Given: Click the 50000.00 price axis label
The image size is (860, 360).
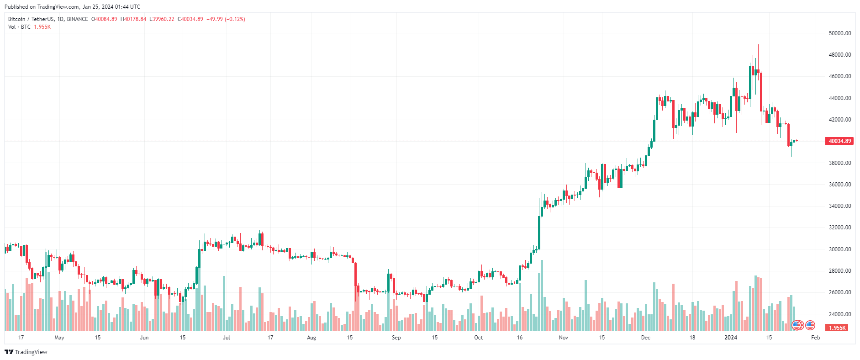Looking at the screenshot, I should click(x=839, y=33).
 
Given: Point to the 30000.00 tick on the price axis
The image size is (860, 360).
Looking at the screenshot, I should click(x=839, y=249).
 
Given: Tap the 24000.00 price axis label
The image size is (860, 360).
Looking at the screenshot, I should click(x=839, y=314).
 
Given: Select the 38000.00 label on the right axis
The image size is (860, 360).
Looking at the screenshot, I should click(x=839, y=163).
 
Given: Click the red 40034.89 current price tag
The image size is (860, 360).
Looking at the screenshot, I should click(x=839, y=141).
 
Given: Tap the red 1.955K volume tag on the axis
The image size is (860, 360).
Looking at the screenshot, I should click(x=837, y=328).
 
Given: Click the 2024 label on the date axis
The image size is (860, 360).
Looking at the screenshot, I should click(x=731, y=338).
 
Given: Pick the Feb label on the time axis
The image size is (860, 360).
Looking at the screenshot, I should click(x=815, y=338).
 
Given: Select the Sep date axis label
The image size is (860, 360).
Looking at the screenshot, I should click(x=396, y=338).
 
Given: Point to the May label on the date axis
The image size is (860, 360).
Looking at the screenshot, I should click(x=59, y=338).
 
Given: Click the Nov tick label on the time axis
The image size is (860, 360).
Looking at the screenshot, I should click(x=564, y=338).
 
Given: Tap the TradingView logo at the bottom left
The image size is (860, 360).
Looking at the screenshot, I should click(x=26, y=352).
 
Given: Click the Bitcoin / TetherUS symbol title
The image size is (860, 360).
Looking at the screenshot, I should click(x=31, y=19).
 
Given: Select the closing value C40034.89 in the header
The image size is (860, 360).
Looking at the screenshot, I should click(x=190, y=19).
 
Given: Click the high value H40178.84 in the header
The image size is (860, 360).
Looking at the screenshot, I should click(x=133, y=19).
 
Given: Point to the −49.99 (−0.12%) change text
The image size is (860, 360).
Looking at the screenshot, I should click(x=226, y=19).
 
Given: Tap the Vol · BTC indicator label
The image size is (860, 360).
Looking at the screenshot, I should click(x=19, y=27).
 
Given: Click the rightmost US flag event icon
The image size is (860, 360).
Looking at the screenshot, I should click(x=810, y=325).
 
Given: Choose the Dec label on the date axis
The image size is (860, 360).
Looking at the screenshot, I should click(x=645, y=338).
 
